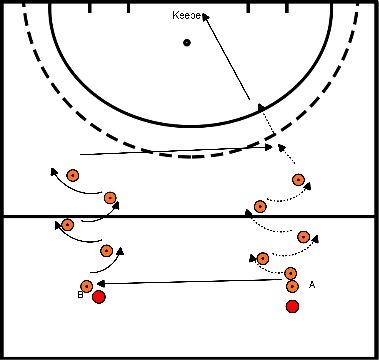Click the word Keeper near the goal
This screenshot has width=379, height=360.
point(188,18)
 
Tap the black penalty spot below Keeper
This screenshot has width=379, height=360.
point(186,42)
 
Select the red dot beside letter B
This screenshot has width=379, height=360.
point(99,297)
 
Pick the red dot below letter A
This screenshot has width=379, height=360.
point(292,306)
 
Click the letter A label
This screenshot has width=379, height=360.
point(312,285)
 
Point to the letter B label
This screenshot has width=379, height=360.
point(79,296)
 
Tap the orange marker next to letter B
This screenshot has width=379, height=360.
point(87,286)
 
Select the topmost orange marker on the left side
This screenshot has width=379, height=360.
point(73,175)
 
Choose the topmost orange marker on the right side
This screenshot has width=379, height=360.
point(298,180)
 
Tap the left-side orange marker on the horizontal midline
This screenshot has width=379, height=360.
point(67,224)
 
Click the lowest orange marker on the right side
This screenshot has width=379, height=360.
point(292,286)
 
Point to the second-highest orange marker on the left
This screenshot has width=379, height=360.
point(110,197)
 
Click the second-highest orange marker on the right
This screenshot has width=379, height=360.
point(260,206)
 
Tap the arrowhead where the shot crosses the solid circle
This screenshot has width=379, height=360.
point(263,103)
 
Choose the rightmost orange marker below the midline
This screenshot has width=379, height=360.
point(305,236)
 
